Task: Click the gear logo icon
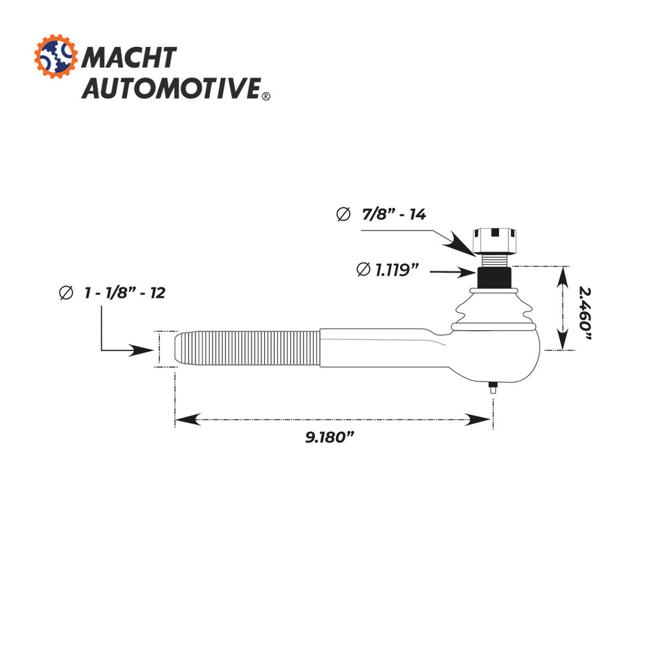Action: click(x=55, y=57)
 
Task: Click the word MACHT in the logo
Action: click(x=129, y=58)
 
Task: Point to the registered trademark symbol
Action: click(x=265, y=96)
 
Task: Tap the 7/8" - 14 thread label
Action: click(x=394, y=215)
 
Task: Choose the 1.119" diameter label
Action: click(x=396, y=270)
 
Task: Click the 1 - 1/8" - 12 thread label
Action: click(x=124, y=293)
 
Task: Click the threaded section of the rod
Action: click(x=248, y=349)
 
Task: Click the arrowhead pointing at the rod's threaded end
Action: click(x=143, y=350)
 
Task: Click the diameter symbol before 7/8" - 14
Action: click(x=343, y=215)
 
